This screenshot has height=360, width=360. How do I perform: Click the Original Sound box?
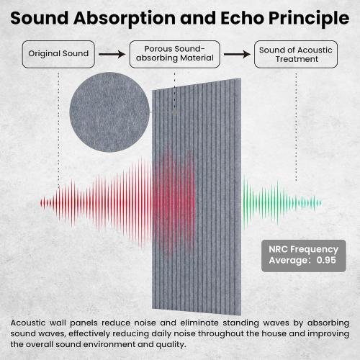coord(58,54)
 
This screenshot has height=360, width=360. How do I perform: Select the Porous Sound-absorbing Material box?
coord(174,54)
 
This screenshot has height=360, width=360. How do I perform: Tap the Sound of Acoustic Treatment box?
coord(295,54)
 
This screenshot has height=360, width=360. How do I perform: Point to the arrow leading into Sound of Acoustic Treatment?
coord(235,54)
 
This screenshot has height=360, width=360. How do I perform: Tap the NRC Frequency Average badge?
coord(303,253)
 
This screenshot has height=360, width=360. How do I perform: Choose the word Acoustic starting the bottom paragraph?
coord(31,320)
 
